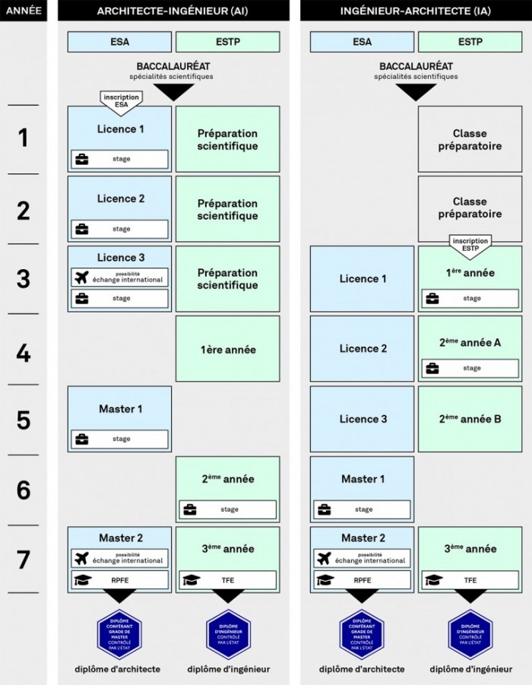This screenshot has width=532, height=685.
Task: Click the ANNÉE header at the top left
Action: (x=24, y=11)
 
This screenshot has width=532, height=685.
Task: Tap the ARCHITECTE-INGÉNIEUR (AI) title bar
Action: (x=173, y=11)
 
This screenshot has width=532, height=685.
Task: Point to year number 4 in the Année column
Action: (x=24, y=350)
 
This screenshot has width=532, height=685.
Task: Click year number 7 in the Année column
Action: (x=24, y=560)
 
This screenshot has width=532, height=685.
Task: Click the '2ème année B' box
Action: (x=470, y=419)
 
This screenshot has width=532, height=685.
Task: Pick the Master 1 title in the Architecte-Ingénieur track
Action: (x=120, y=409)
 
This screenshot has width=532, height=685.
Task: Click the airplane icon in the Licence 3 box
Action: (x=82, y=277)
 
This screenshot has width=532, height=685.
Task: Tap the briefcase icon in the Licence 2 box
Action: (x=81, y=229)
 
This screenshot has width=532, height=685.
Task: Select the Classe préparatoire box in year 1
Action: (x=470, y=139)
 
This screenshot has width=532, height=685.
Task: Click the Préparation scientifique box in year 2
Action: (x=227, y=209)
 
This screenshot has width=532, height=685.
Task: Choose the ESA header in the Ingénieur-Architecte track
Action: (x=362, y=42)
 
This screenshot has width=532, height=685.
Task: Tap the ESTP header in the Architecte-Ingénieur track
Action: (x=227, y=42)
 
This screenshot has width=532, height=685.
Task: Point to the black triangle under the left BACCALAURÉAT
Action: (x=173, y=92)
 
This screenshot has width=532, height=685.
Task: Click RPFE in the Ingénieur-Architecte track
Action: (x=362, y=580)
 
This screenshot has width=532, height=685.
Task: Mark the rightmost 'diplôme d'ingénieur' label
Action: (x=470, y=669)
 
